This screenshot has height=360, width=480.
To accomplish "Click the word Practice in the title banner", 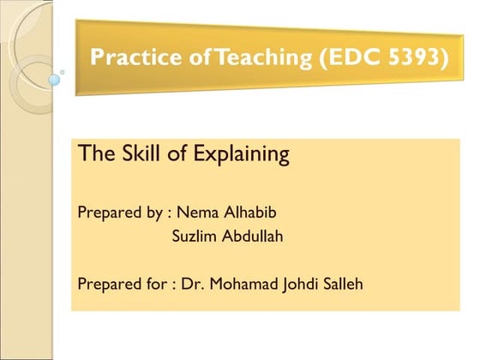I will click(x=129, y=58).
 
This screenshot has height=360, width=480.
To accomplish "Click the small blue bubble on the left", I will click(x=55, y=80).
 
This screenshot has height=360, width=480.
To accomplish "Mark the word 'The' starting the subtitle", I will click(x=92, y=154).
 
